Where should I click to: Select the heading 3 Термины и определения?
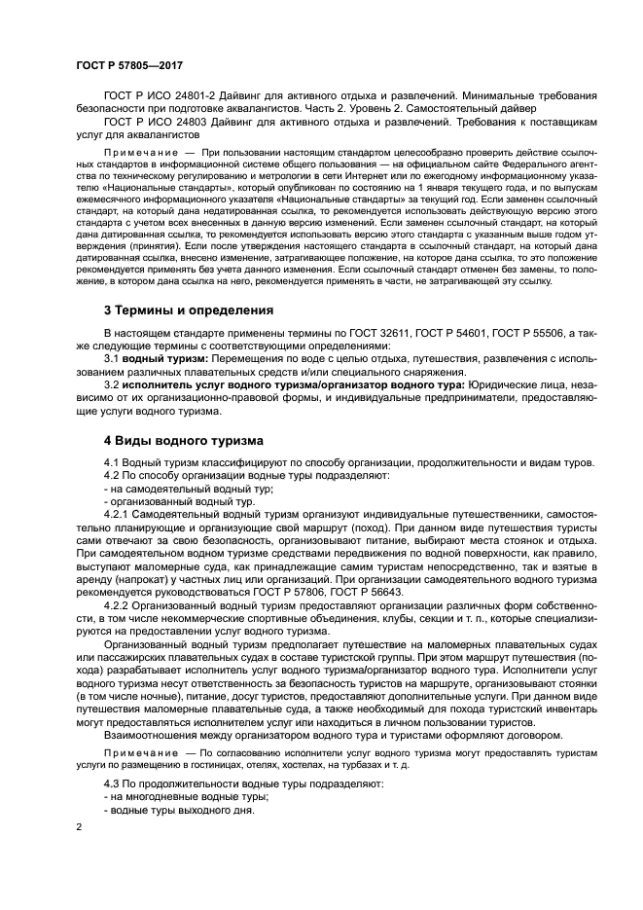tap(188, 310)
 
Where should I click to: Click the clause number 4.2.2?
tap(118, 604)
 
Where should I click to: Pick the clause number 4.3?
tap(112, 783)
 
